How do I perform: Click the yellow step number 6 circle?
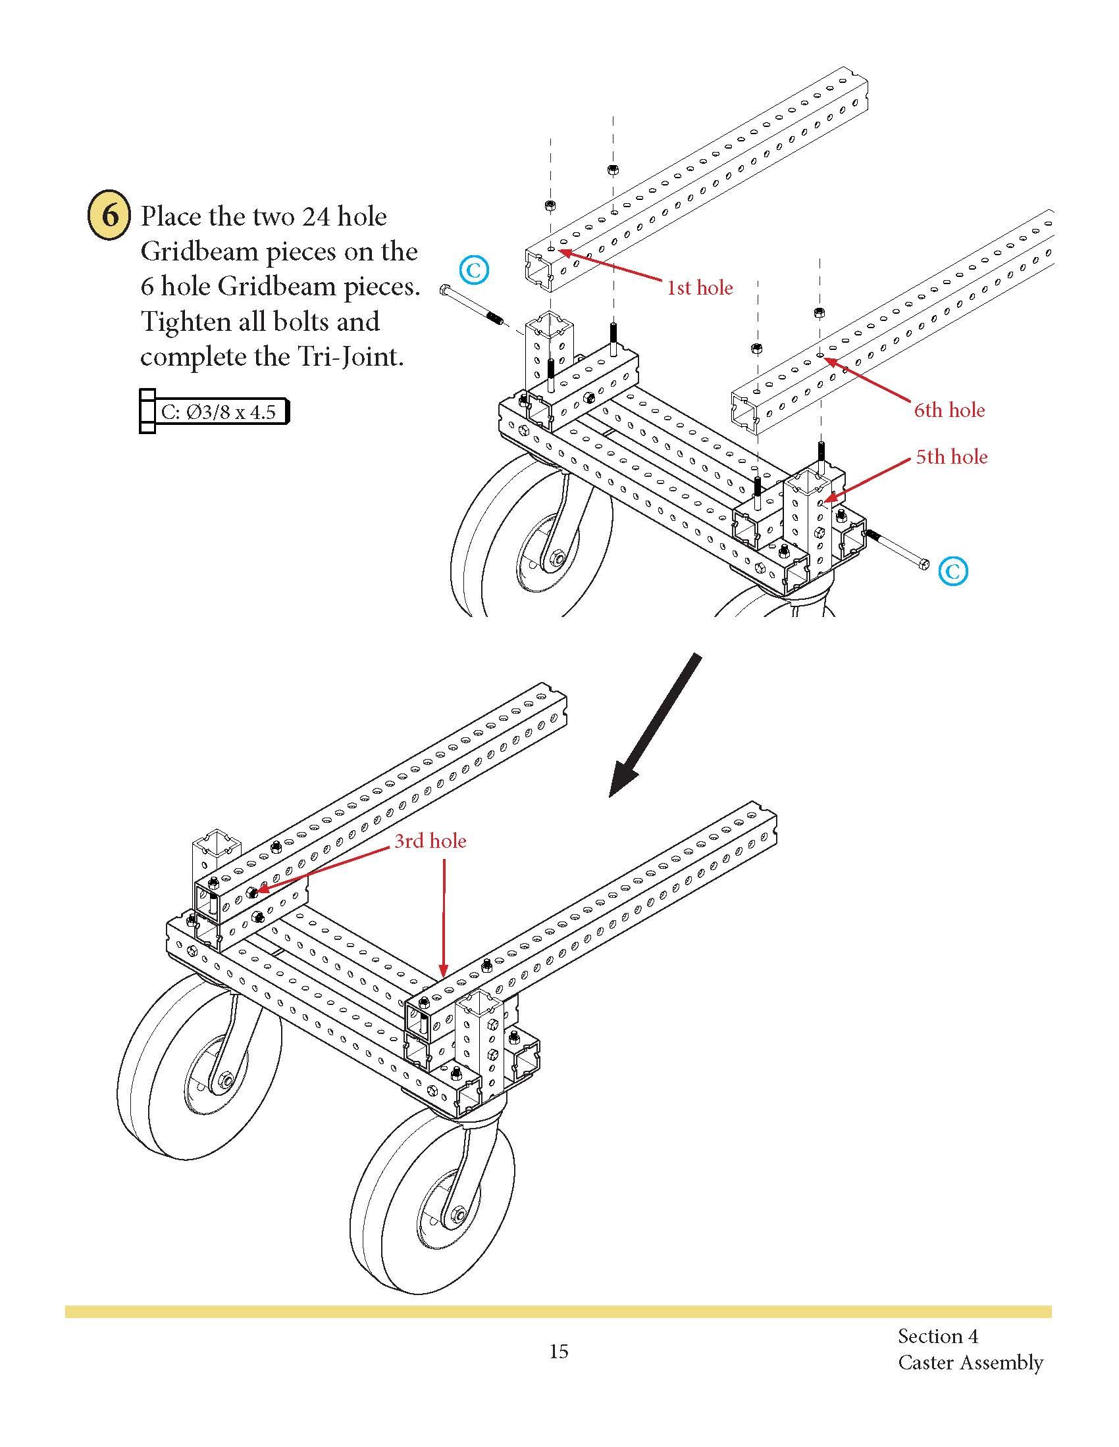click(109, 216)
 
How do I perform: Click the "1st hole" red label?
click(699, 288)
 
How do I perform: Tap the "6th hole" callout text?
click(949, 410)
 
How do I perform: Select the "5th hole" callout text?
click(951, 456)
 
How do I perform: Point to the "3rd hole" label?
click(430, 841)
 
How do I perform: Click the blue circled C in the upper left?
click(474, 270)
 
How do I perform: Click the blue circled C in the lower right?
click(952, 571)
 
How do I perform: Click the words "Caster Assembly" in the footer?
click(970, 1362)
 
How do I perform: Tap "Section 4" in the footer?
click(937, 1336)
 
